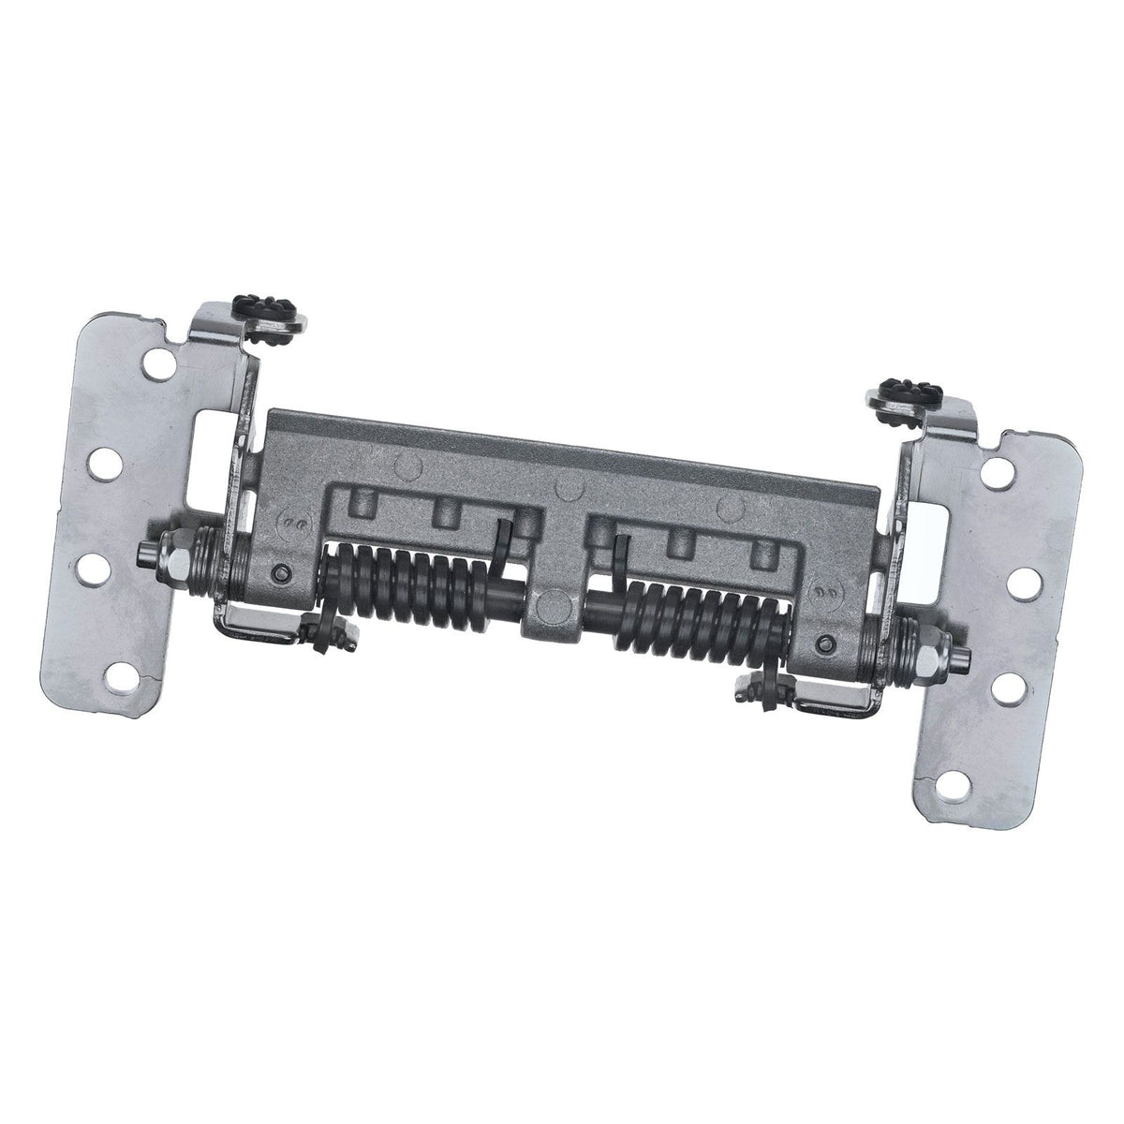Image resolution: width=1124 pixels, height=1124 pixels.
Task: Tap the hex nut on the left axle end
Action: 171,551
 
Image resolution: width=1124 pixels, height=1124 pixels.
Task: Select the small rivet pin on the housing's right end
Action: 824,643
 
